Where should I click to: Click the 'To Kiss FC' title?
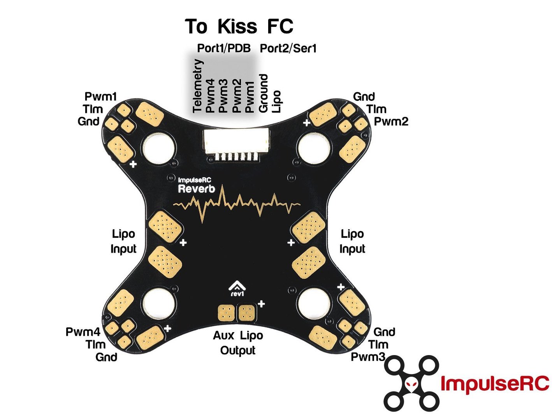click(x=239, y=26)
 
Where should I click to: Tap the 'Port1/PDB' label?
click(x=223, y=48)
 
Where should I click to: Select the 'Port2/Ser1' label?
click(x=288, y=48)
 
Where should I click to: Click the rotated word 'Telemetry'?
click(x=198, y=86)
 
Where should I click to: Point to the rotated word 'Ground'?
click(x=264, y=93)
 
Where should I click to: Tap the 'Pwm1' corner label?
click(x=100, y=96)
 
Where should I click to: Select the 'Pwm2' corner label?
click(x=391, y=121)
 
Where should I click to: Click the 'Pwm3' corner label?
click(x=368, y=357)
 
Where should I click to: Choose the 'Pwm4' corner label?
click(x=83, y=332)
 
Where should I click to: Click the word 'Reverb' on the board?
click(x=196, y=189)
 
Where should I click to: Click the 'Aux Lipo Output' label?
click(x=238, y=343)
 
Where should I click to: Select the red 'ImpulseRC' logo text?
click(x=495, y=383)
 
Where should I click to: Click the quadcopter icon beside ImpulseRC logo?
click(x=411, y=383)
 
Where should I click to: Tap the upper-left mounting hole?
click(x=158, y=148)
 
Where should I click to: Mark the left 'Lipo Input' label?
click(x=124, y=241)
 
